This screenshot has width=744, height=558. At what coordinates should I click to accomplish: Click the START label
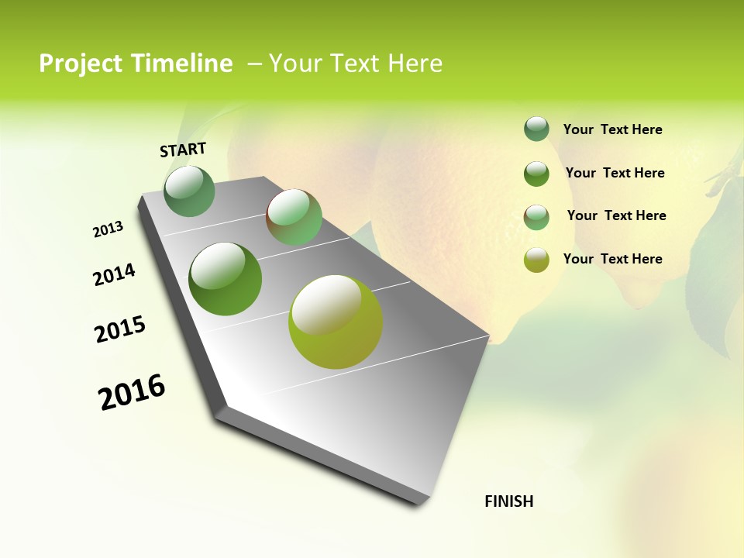pyautogui.click(x=183, y=150)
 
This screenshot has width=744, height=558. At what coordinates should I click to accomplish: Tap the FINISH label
pyautogui.click(x=508, y=501)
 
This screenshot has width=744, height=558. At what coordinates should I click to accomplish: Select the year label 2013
pyautogui.click(x=108, y=229)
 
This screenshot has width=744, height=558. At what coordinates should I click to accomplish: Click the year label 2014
pyautogui.click(x=114, y=274)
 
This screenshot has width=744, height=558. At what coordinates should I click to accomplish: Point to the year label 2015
pyautogui.click(x=120, y=329)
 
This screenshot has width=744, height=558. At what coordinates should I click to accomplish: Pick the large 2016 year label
pyautogui.click(x=132, y=392)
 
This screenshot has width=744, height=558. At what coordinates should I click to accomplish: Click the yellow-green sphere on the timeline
pyautogui.click(x=336, y=322)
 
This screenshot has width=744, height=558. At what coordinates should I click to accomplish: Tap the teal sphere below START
pyautogui.click(x=189, y=191)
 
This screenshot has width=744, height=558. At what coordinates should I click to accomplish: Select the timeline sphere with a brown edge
pyautogui.click(x=294, y=217)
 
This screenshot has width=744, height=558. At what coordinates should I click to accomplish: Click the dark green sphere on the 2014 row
pyautogui.click(x=225, y=278)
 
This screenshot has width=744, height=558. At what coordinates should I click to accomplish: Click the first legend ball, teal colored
pyautogui.click(x=536, y=129)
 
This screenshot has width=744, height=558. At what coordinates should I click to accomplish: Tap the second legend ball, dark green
pyautogui.click(x=536, y=173)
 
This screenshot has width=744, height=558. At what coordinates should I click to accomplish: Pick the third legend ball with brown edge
pyautogui.click(x=536, y=216)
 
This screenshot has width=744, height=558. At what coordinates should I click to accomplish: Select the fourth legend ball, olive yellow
pyautogui.click(x=536, y=260)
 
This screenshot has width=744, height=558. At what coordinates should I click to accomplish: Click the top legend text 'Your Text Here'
pyautogui.click(x=612, y=129)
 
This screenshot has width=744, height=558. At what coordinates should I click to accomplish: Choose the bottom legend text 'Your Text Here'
pyautogui.click(x=612, y=259)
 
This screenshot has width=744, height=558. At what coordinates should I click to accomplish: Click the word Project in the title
pyautogui.click(x=80, y=64)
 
